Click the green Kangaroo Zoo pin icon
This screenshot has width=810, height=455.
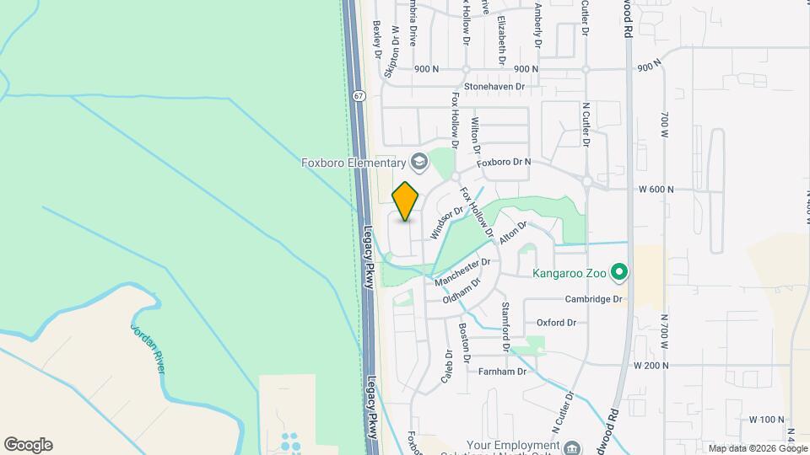(618, 272)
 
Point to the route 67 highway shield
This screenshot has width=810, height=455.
(359, 96)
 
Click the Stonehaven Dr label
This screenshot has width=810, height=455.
(494, 86)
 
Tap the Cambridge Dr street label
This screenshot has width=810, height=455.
(593, 299)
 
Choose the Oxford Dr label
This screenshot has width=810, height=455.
(556, 323)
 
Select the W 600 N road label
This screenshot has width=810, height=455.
(656, 190)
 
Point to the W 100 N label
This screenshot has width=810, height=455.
(766, 419)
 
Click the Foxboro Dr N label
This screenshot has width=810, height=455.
(504, 162)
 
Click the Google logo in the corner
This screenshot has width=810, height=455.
(28, 445)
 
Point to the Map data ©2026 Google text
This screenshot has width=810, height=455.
(758, 448)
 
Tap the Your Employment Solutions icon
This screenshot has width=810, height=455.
(573, 447)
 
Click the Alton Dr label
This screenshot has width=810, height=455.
(512, 233)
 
